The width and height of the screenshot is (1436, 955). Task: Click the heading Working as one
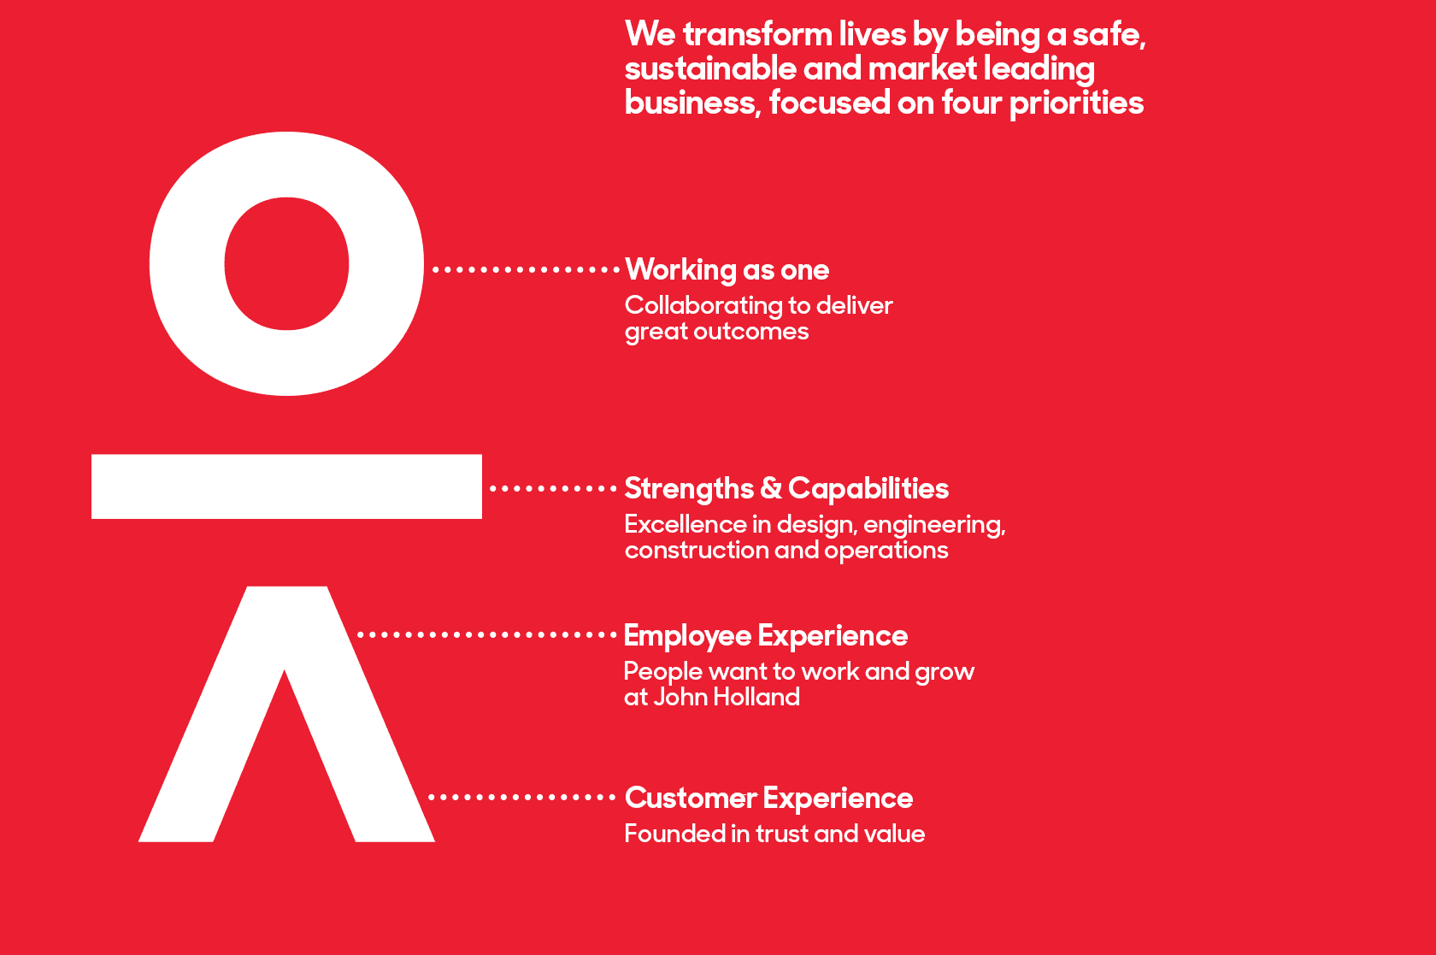[x=727, y=270]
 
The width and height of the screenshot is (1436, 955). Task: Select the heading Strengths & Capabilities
[x=786, y=488]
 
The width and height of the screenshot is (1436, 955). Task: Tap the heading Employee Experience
[x=766, y=635]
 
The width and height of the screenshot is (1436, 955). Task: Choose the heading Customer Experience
[x=768, y=798]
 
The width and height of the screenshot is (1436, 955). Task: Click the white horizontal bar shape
[x=286, y=486]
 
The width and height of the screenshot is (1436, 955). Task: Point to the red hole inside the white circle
[x=286, y=263]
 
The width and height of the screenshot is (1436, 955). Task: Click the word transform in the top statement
[x=757, y=34]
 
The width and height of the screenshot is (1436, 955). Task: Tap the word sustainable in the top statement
[x=709, y=68]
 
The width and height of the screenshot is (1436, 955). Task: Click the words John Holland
[x=727, y=697]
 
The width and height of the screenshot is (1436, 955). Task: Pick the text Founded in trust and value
[x=774, y=834]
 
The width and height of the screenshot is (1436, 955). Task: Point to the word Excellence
[x=686, y=525]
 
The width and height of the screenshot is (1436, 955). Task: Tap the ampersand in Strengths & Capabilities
[x=771, y=488]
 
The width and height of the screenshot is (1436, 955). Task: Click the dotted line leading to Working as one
[x=526, y=270]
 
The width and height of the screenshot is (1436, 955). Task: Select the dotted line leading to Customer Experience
[x=521, y=797]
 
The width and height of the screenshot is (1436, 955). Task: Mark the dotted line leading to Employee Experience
[x=487, y=635]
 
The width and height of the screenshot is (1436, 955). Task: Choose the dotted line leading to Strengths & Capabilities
[x=553, y=489]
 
